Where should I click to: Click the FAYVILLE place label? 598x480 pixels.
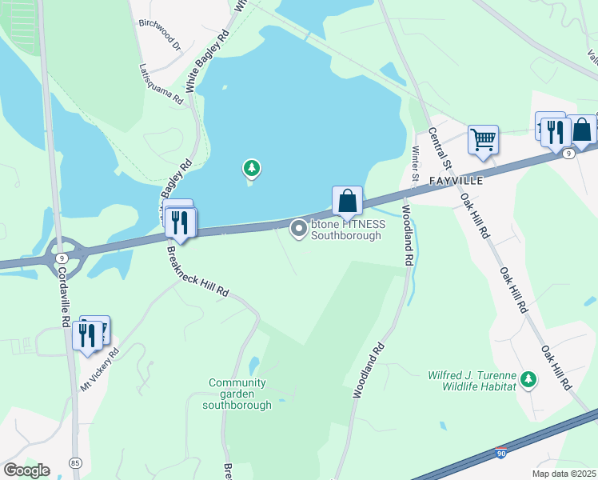pyautogui.click(x=456, y=181)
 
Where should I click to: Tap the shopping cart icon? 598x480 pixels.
pyautogui.click(x=483, y=139)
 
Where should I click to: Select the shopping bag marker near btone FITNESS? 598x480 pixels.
pyautogui.click(x=347, y=200)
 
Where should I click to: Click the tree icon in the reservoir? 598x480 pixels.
pyautogui.click(x=252, y=168)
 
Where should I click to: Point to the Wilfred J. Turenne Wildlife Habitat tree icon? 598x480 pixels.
pyautogui.click(x=527, y=378)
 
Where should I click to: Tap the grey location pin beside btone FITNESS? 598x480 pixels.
pyautogui.click(x=299, y=230)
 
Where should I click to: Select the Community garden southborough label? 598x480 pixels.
pyautogui.click(x=237, y=394)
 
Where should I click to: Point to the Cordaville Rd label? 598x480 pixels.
pyautogui.click(x=62, y=296)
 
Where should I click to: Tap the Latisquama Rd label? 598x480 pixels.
pyautogui.click(x=161, y=85)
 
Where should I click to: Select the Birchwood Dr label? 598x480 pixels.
pyautogui.click(x=161, y=34)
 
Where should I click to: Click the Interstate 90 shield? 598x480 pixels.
pyautogui.click(x=501, y=454)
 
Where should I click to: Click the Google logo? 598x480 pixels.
pyautogui.click(x=26, y=470)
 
